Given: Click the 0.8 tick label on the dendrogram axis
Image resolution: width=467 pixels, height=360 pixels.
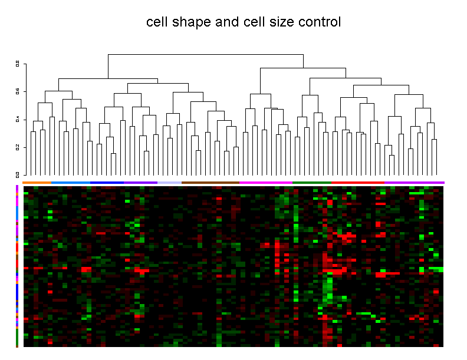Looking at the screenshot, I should pyautogui.click(x=18, y=64).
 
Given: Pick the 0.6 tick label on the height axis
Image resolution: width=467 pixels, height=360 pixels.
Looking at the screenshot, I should pyautogui.click(x=18, y=91).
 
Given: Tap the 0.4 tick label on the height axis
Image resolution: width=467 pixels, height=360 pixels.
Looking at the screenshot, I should pyautogui.click(x=18, y=119).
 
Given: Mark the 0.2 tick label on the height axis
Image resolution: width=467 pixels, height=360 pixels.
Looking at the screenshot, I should pyautogui.click(x=18, y=147).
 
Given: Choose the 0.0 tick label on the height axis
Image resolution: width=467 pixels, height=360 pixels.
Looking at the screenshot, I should pyautogui.click(x=18, y=174).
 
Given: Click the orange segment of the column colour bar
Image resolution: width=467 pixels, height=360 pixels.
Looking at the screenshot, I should pyautogui.click(x=37, y=183).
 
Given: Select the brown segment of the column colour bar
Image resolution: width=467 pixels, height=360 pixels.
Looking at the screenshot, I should pyautogui.click(x=210, y=183).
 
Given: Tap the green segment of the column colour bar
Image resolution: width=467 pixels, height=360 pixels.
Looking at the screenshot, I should pyautogui.click(x=311, y=183).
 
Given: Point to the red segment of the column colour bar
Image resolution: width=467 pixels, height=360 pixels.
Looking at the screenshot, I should pyautogui.click(x=357, y=183).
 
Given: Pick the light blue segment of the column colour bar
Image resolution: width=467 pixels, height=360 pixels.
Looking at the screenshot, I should pyautogui.click(x=71, y=183).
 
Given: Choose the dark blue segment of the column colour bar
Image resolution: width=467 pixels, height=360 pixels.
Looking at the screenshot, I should pyautogui.click(x=116, y=183).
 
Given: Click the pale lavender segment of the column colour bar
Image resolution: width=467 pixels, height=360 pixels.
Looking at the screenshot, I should pyautogui.click(x=169, y=183).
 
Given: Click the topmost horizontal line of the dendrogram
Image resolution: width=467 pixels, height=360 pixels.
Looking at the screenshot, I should pyautogui.click(x=205, y=55).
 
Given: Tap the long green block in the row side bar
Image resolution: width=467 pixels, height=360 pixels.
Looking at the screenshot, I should pyautogui.click(x=17, y=337).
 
